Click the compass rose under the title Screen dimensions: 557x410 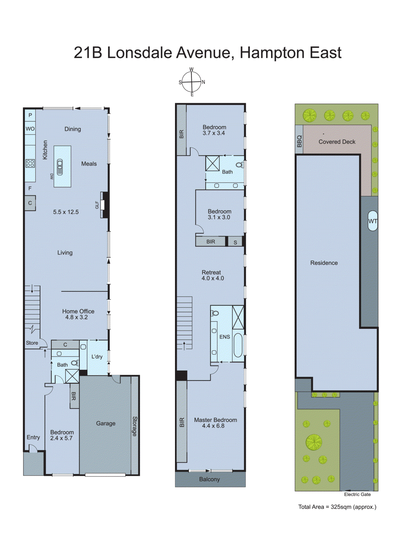tap(192, 82)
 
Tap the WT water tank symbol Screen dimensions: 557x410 tap(372, 221)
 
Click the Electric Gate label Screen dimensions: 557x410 tap(357, 494)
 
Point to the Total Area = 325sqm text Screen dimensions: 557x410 tap(337, 507)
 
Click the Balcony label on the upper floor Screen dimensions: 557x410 tap(209, 479)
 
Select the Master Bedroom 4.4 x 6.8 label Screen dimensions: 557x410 tap(215, 423)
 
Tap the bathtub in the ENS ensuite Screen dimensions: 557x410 tap(238, 345)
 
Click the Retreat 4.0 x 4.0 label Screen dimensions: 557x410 tap(212, 275)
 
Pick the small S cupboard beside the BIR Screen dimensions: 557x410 tap(235, 242)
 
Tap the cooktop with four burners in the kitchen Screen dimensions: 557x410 tap(30, 163)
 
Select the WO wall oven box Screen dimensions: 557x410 tap(30, 129)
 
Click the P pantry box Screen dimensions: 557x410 tap(30, 115)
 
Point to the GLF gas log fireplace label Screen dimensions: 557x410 tap(97, 205)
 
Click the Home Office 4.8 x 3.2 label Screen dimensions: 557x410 tap(78, 314)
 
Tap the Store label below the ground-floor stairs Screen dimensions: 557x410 tap(32, 343)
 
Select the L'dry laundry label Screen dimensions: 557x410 tap(97, 356)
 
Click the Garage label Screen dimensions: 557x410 tap(106, 423)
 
